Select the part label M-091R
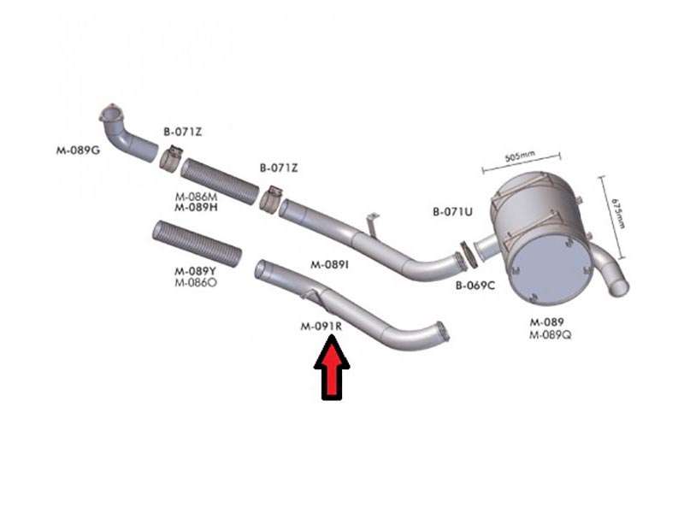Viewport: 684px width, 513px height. tap(321, 327)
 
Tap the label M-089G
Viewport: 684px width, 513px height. tap(78, 150)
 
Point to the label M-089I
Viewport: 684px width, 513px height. tap(329, 264)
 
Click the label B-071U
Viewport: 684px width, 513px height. tap(452, 212)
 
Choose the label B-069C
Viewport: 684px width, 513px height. tap(475, 286)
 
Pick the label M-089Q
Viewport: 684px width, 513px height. tap(550, 335)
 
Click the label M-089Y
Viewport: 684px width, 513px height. tap(195, 272)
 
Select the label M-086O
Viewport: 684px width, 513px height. tap(196, 283)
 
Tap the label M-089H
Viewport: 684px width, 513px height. tap(196, 207)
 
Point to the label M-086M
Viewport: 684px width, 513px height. tap(196, 197)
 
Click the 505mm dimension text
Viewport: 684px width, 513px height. tap(520, 156)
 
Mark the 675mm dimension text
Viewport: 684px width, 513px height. tap(618, 213)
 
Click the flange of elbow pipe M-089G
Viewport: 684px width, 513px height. tap(112, 114)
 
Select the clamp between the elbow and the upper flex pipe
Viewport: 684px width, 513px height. tap(171, 158)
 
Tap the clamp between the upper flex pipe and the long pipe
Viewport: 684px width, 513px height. tap(270, 200)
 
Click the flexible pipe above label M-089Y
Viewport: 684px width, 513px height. tap(197, 243)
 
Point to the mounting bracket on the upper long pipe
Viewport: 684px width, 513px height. tap(372, 225)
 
